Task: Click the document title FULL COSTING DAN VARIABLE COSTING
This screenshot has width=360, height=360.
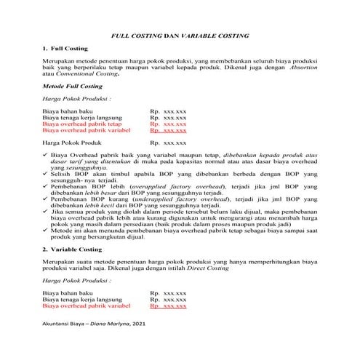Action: click(180, 35)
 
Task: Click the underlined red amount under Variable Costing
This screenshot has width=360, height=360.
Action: click(168, 307)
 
